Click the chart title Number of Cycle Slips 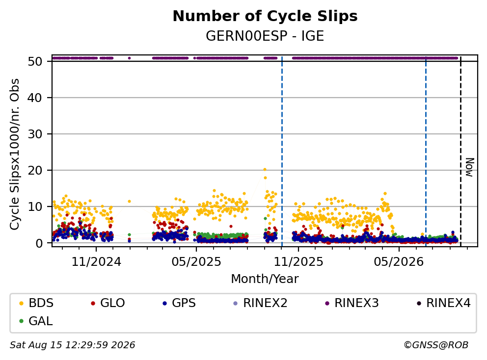point(265,16)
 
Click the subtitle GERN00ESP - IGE point(265,36)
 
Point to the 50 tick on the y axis point(35,61)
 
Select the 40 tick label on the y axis point(35,98)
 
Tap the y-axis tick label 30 point(35,134)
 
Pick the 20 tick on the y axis point(35,170)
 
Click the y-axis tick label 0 point(39,243)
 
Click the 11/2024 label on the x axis point(96,262)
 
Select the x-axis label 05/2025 point(196,262)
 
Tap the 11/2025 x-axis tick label point(298,262)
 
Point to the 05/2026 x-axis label point(399,262)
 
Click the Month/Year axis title point(265,279)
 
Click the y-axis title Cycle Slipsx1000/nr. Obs point(15,154)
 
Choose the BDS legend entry point(37,303)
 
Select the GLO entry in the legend point(108,303)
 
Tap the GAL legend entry point(36,321)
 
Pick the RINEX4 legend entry point(444,303)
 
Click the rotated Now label point(470,168)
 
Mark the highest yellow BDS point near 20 point(265,169)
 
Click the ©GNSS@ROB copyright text point(436,345)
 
